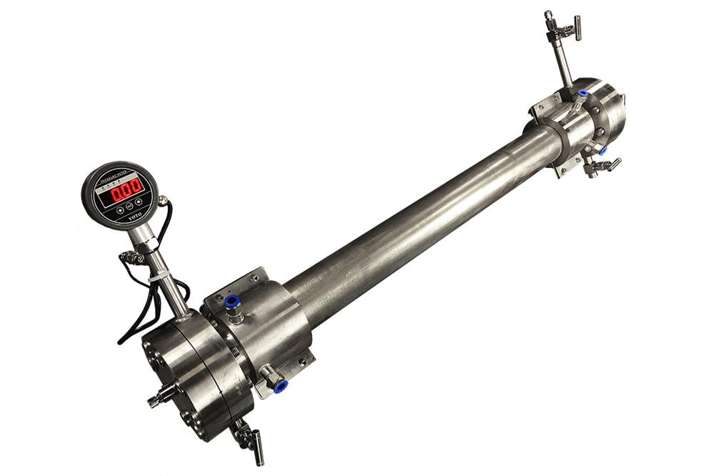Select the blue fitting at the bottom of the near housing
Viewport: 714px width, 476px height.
pos(280,386)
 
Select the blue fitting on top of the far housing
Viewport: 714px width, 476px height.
pos(582,94)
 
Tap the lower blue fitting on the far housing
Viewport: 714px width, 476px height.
pos(602,151)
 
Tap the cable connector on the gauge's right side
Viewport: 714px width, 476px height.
pos(164,202)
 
